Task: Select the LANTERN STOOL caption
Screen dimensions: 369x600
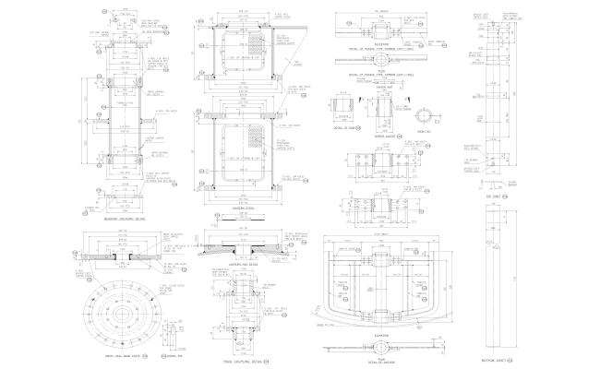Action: click(x=241, y=210)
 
